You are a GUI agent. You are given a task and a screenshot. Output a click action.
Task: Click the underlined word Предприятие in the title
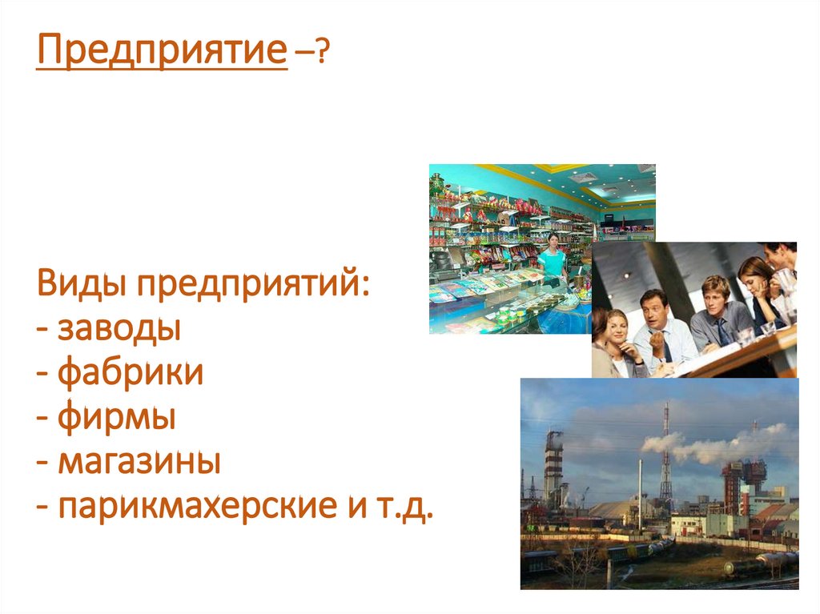click(x=161, y=54)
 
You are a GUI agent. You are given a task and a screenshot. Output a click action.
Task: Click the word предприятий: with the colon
click(x=256, y=286)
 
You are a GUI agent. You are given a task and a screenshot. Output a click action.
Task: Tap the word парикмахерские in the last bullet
click(x=183, y=507)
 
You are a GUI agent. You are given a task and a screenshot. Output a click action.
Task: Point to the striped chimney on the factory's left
click(x=553, y=468)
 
